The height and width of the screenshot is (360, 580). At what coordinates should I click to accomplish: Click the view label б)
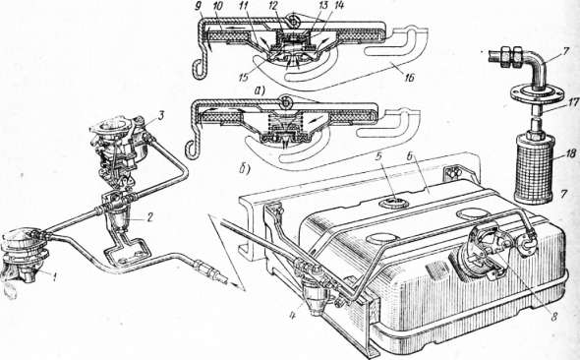pos(244,169)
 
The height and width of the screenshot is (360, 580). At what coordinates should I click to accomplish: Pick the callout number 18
pos(571,153)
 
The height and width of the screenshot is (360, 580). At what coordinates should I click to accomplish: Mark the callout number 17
pos(573,103)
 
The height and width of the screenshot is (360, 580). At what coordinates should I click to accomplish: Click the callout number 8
pos(553,317)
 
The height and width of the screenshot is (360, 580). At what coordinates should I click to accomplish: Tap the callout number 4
pos(293,317)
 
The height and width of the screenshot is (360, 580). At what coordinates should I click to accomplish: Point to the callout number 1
pos(55,276)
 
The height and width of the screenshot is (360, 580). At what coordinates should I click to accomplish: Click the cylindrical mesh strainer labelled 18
pos(534,168)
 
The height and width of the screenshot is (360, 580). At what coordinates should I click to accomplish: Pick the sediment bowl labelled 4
pos(316,297)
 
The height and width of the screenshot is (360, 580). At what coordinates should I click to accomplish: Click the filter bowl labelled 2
pos(118,219)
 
